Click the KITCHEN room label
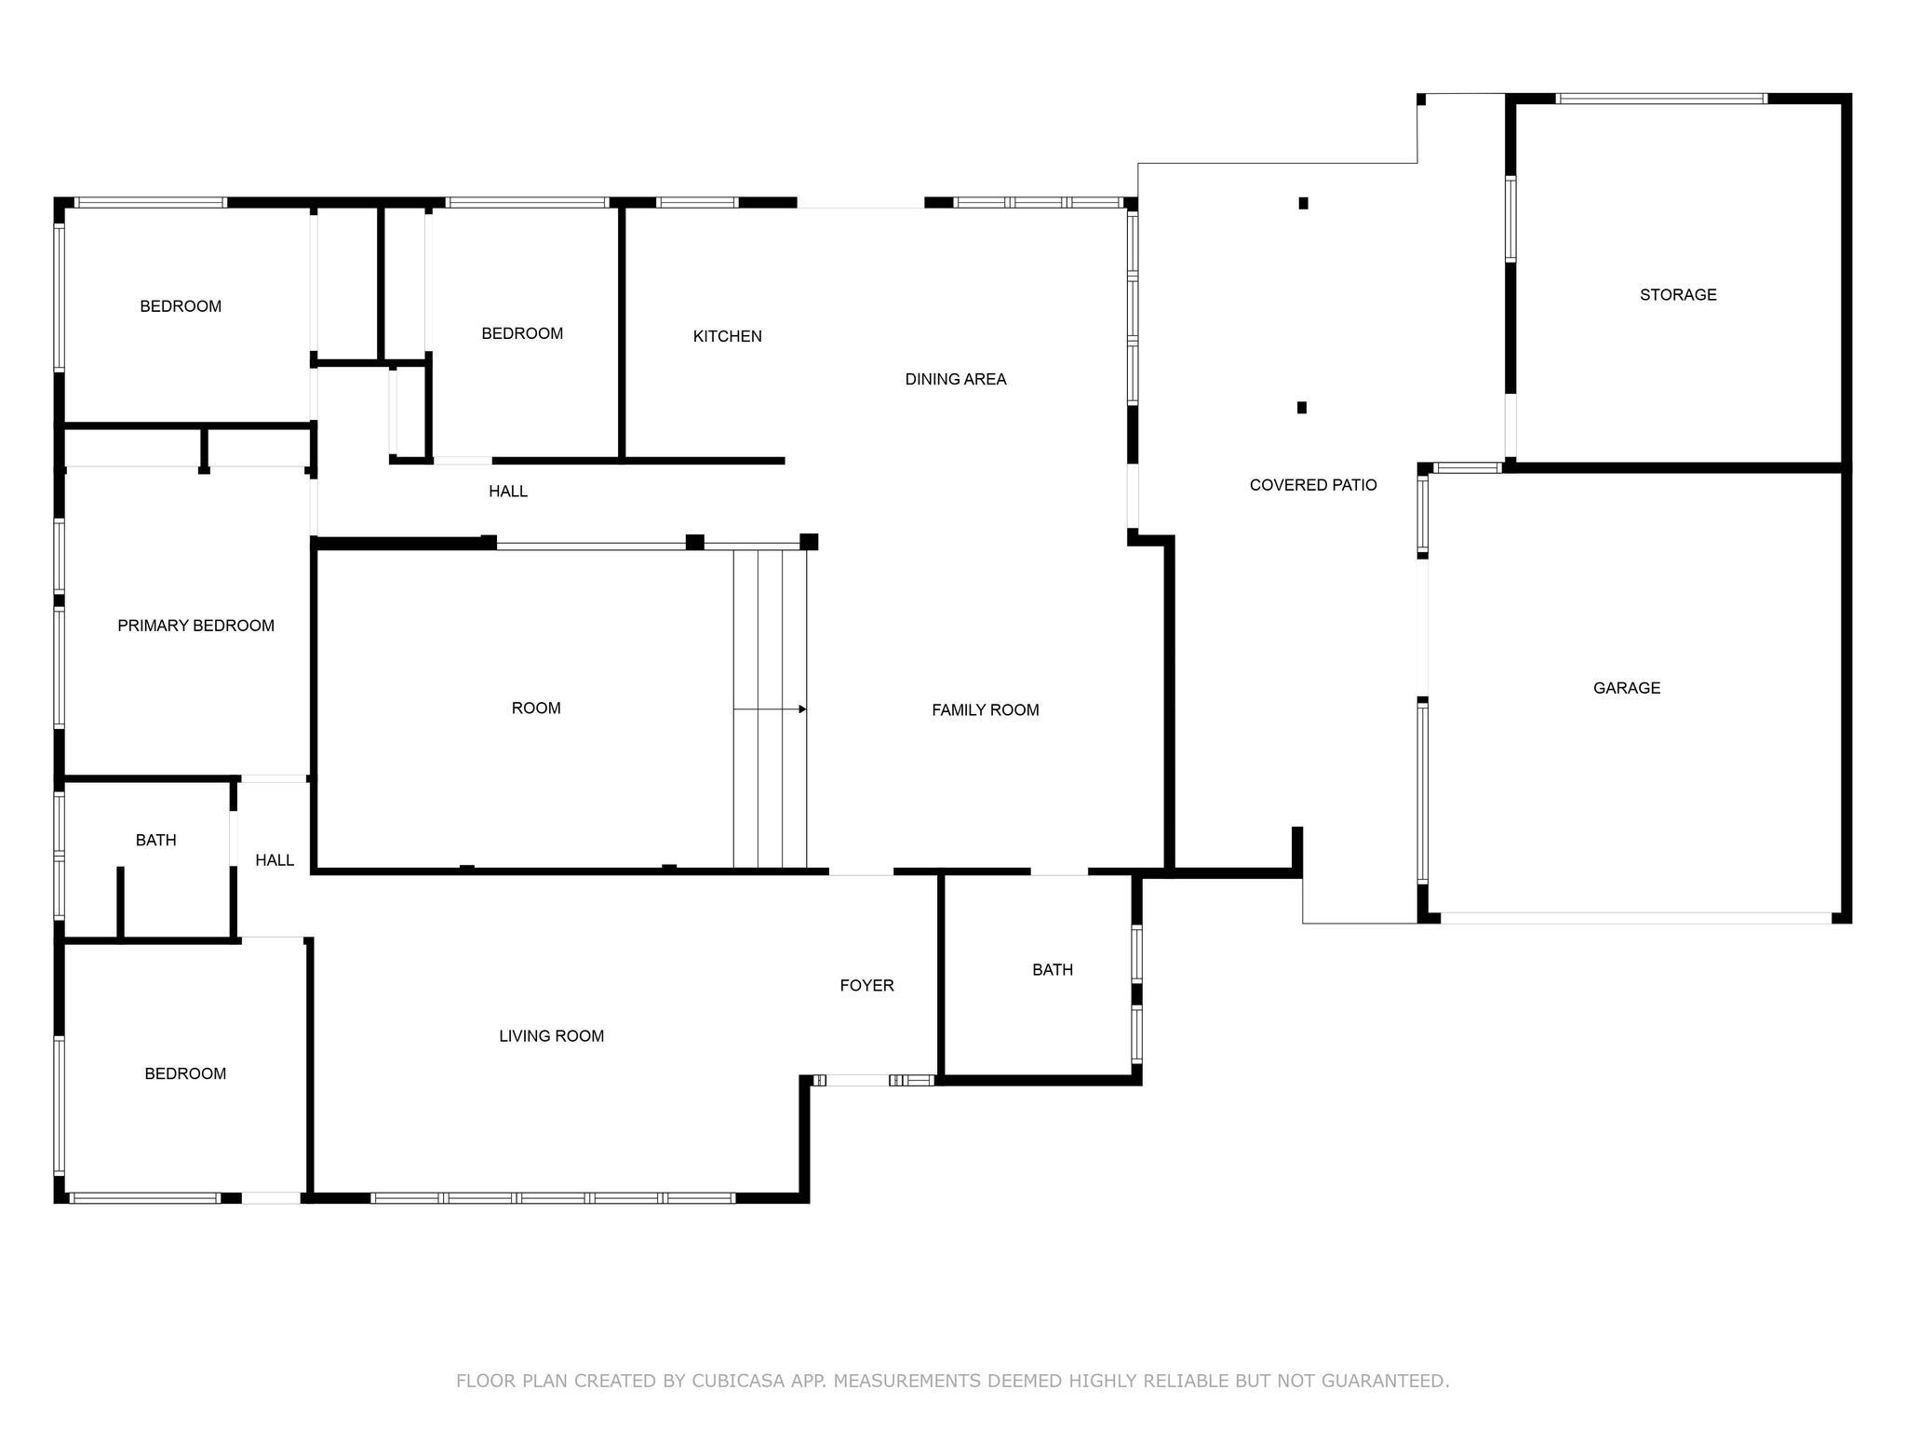(728, 336)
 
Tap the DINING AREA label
(956, 379)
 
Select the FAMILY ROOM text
(986, 710)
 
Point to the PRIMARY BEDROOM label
(196, 626)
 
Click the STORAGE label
(1678, 295)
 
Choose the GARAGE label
(1627, 688)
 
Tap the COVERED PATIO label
(1313, 485)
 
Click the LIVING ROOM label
(552, 1036)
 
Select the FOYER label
(866, 986)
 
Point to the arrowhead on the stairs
(802, 709)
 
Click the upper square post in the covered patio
(1304, 203)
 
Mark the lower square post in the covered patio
(1302, 408)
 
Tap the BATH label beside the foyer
(1053, 970)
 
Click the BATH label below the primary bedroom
(156, 841)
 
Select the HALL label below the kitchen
(508, 492)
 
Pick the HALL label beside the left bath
(275, 860)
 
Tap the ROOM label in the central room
(536, 708)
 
